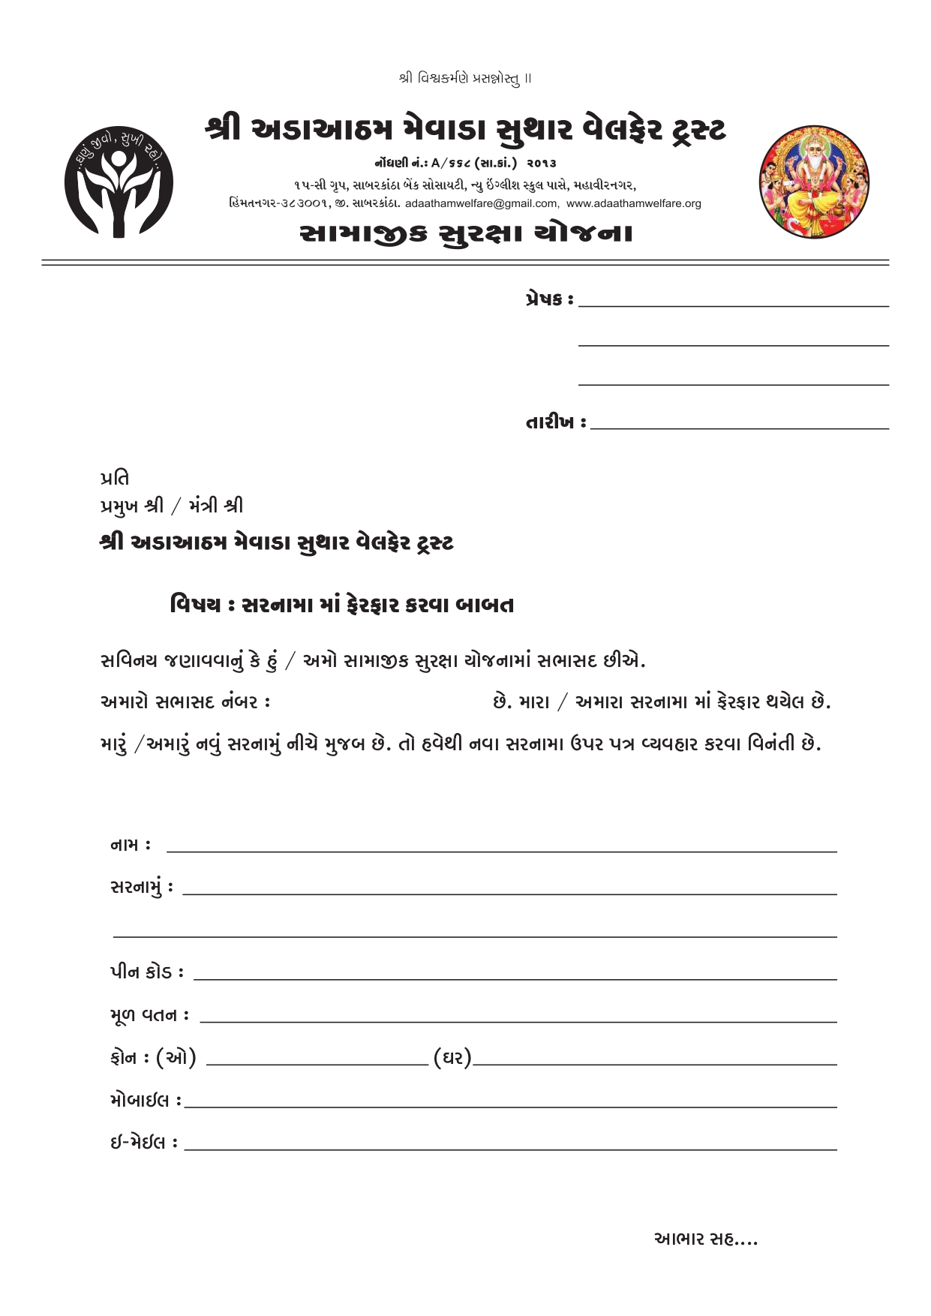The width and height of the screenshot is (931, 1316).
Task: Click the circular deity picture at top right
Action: [814, 182]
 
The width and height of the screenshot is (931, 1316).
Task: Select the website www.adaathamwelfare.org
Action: [634, 203]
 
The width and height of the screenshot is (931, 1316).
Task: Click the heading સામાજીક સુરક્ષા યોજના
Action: [465, 234]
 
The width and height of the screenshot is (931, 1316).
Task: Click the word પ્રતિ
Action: [115, 478]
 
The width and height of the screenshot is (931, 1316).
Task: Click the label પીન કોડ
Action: [142, 972]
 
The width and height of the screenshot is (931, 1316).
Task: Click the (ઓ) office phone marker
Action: [176, 1058]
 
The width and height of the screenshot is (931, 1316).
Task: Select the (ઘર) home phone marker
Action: [452, 1058]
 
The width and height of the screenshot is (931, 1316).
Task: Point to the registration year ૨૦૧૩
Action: [542, 163]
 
